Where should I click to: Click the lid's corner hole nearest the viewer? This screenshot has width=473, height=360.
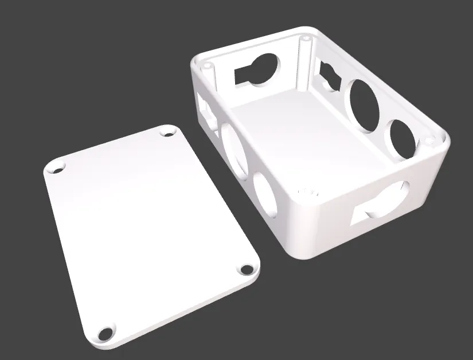point(105,333)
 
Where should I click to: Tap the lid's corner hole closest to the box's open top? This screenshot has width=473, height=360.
point(168,132)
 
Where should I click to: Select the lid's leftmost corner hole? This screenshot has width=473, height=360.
point(57,170)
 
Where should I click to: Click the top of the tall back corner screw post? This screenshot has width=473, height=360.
point(306,40)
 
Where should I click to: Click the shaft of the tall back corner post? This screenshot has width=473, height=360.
point(304,63)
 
